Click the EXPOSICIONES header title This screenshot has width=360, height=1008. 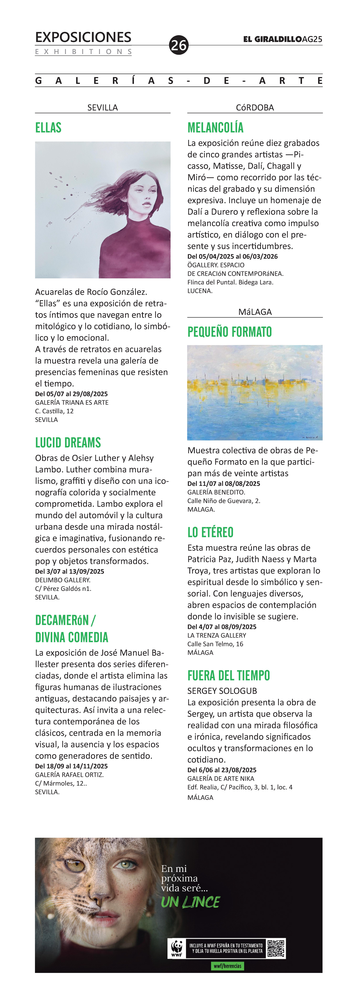pos(83,37)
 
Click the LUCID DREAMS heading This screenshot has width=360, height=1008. pos(68,443)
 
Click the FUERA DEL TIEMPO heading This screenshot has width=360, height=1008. pos(229,675)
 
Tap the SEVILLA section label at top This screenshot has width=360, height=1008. pos(103,108)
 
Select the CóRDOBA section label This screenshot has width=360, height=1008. pos(255,108)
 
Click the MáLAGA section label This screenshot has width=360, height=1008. pos(255,312)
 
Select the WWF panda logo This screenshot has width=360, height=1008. pos(177,949)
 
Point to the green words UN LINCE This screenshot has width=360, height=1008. pos(191,902)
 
